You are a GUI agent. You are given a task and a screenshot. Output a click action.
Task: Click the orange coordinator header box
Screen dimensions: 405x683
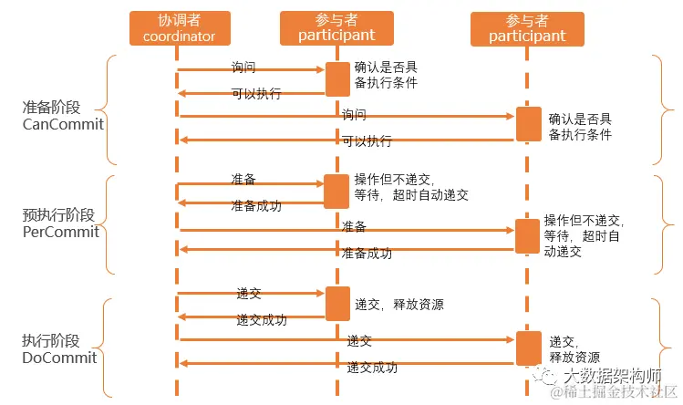tap(179, 28)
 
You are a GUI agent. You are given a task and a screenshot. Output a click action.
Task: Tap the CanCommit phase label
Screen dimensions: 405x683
tap(63, 123)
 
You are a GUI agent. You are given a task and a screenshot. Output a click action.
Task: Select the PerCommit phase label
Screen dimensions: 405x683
tap(60, 232)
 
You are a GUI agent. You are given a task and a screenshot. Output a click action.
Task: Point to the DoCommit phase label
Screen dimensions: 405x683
tap(59, 358)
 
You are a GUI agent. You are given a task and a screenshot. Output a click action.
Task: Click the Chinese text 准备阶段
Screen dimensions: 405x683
tap(51, 107)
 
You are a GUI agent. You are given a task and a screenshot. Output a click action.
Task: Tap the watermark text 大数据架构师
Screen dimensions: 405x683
tap(613, 375)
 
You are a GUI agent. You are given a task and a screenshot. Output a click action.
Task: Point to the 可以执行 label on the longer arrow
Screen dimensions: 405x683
tap(367, 141)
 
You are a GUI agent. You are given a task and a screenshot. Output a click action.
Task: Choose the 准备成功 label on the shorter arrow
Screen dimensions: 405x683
tap(256, 206)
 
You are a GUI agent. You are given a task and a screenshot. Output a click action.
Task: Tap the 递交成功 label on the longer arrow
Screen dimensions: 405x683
tap(372, 368)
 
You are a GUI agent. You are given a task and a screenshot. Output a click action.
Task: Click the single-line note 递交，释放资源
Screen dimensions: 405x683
tap(399, 304)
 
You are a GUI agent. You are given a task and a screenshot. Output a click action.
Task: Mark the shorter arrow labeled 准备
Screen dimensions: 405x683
tap(251, 184)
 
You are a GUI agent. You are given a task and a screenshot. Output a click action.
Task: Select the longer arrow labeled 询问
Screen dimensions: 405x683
tap(347, 116)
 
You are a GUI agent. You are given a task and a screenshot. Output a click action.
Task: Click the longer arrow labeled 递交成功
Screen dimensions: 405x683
tap(347, 363)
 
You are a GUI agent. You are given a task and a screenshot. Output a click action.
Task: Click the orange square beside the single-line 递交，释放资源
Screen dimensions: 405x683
tap(337, 303)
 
